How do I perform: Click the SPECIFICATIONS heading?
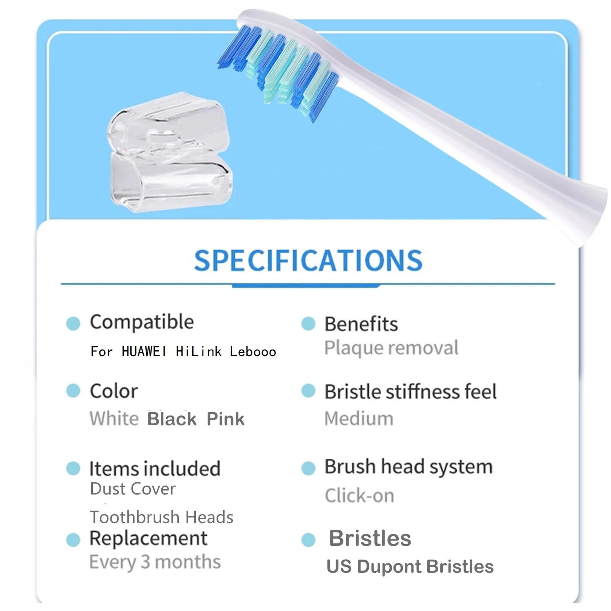(308, 261)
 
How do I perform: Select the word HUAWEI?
(144, 351)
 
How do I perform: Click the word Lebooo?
(253, 351)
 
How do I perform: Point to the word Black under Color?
(172, 419)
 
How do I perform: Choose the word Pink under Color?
(225, 419)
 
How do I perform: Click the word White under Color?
(114, 419)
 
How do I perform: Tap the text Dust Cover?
(133, 489)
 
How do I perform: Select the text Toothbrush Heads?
(161, 517)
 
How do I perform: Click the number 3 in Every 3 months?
(145, 562)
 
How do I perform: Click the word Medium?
(359, 419)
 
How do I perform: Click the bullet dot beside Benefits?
(308, 324)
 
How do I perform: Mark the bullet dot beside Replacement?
(73, 540)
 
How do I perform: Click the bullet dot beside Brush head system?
(308, 468)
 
